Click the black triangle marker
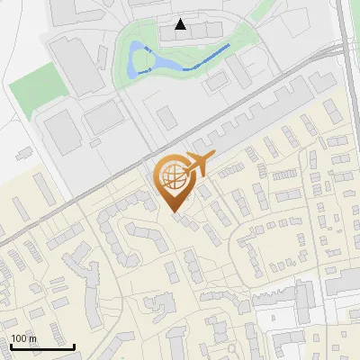(181, 24)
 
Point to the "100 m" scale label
(23, 338)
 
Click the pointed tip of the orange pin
(175, 212)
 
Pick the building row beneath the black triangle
(194, 34)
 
